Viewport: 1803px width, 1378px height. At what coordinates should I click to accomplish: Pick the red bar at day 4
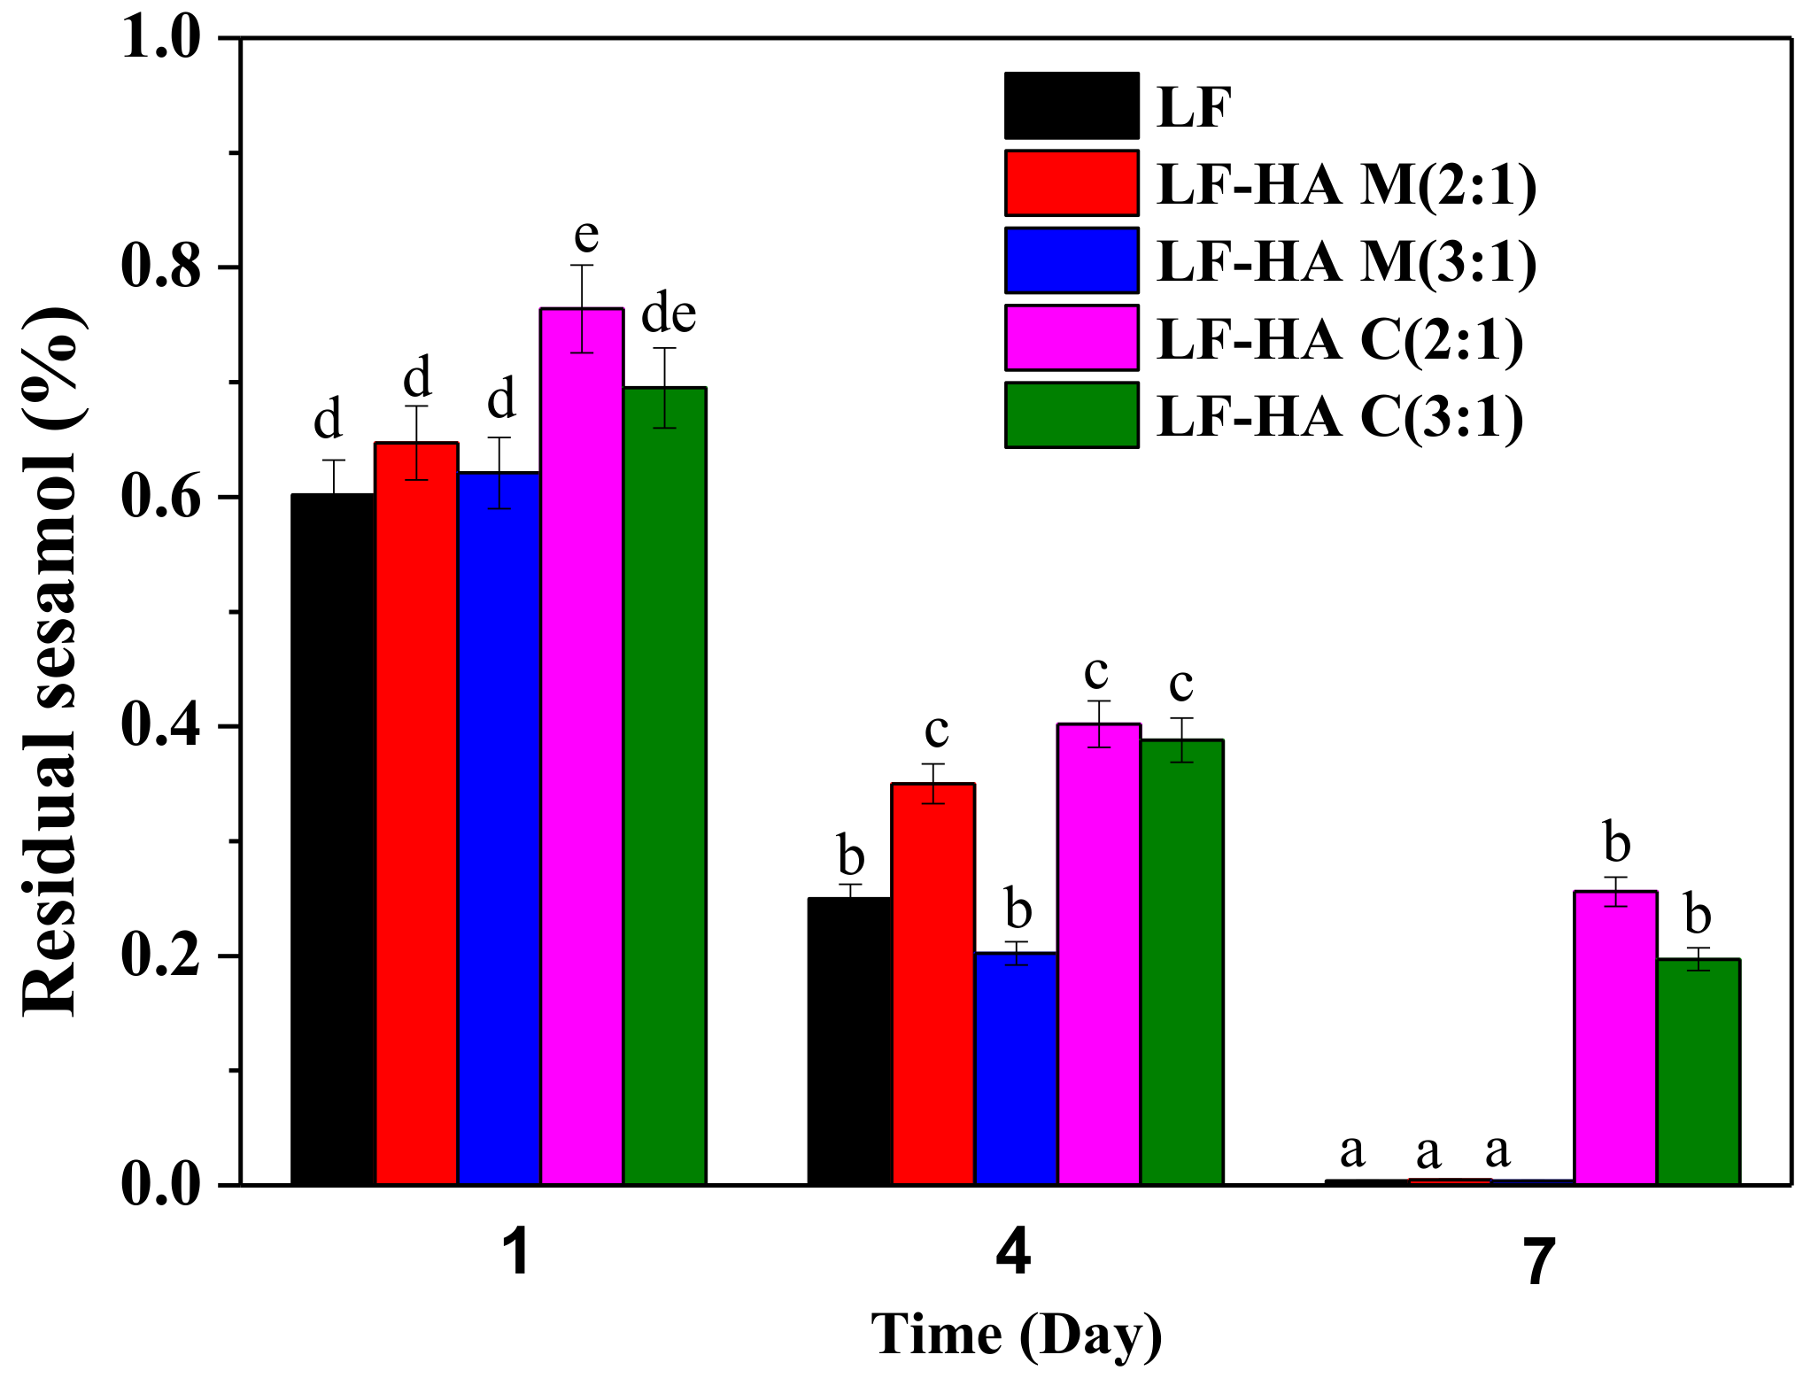coord(933,984)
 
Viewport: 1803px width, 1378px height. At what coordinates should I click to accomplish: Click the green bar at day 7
coord(1699,1072)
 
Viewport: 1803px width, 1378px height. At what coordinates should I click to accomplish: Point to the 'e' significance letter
coord(586,236)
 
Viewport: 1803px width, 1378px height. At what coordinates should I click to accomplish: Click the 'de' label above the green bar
coord(669,314)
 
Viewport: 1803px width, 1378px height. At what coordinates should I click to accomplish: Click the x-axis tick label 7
coord(1538,1261)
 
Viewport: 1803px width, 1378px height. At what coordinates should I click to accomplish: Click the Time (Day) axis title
coord(1016,1335)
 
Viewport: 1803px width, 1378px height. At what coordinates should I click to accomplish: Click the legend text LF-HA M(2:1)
coord(1346,184)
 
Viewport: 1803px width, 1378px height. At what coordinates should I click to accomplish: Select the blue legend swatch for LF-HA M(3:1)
coord(1072,260)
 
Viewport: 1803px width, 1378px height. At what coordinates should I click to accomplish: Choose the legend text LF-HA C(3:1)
coord(1340,416)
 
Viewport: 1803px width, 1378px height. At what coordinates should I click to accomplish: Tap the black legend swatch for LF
coord(1072,105)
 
